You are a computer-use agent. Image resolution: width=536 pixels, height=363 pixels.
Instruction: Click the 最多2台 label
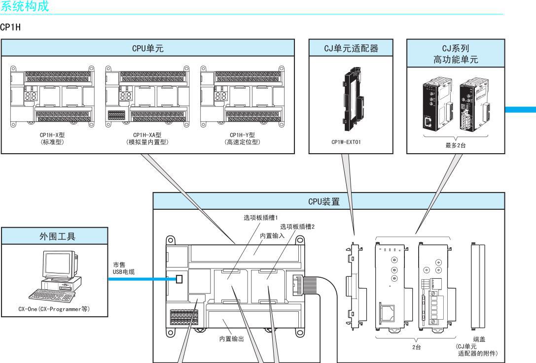click(455, 145)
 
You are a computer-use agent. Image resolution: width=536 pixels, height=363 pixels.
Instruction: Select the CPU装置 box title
click(328, 200)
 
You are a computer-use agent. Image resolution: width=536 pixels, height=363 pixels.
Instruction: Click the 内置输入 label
click(272, 236)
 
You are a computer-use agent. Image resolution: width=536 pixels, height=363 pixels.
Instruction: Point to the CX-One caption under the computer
click(53, 309)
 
